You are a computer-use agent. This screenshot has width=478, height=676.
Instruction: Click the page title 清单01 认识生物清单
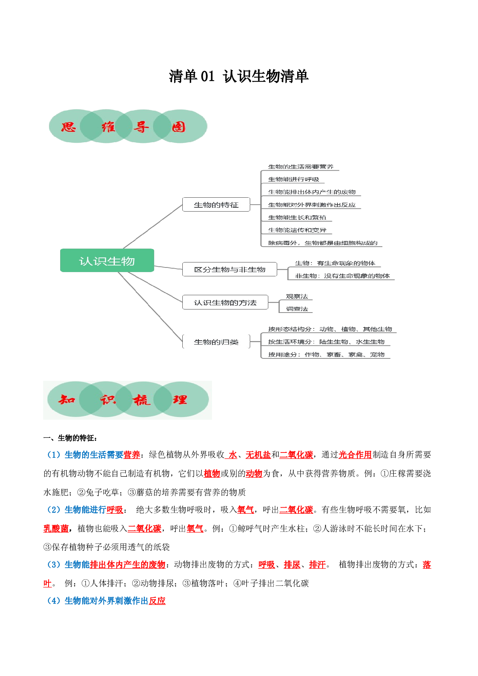pyautogui.click(x=239, y=76)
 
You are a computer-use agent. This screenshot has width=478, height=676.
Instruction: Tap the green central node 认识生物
pyautogui.click(x=107, y=261)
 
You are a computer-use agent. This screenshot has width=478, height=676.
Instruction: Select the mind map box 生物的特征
pyautogui.click(x=216, y=205)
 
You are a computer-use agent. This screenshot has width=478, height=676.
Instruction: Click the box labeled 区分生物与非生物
pyautogui.click(x=230, y=269)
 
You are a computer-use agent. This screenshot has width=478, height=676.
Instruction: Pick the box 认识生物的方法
pyautogui.click(x=225, y=303)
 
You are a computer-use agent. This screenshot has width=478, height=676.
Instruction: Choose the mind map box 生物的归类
pyautogui.click(x=216, y=342)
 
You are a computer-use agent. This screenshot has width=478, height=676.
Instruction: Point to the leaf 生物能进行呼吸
pyautogui.click(x=294, y=179)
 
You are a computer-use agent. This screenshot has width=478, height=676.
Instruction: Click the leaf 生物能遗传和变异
pyautogui.click(x=297, y=230)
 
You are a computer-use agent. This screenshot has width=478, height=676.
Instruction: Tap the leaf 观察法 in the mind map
pyautogui.click(x=297, y=296)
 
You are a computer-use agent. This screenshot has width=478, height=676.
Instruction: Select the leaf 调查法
pyautogui.click(x=297, y=309)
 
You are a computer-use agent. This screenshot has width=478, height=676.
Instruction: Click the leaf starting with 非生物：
pyautogui.click(x=342, y=276)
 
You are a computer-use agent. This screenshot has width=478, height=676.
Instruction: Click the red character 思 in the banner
pyautogui.click(x=69, y=127)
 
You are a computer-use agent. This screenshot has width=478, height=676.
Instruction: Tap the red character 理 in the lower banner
pyautogui.click(x=180, y=400)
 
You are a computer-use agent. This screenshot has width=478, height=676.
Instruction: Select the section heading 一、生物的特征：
pyautogui.click(x=71, y=438)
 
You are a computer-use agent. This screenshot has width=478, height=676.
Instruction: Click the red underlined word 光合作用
pyautogui.click(x=355, y=455)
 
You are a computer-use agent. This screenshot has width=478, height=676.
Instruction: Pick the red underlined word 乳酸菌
pyautogui.click(x=56, y=528)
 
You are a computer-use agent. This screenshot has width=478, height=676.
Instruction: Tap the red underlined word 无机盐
pyautogui.click(x=258, y=455)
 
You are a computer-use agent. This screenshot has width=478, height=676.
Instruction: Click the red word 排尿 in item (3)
pyautogui.click(x=292, y=565)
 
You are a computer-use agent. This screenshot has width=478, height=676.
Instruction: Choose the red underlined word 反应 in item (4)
pyautogui.click(x=157, y=601)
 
